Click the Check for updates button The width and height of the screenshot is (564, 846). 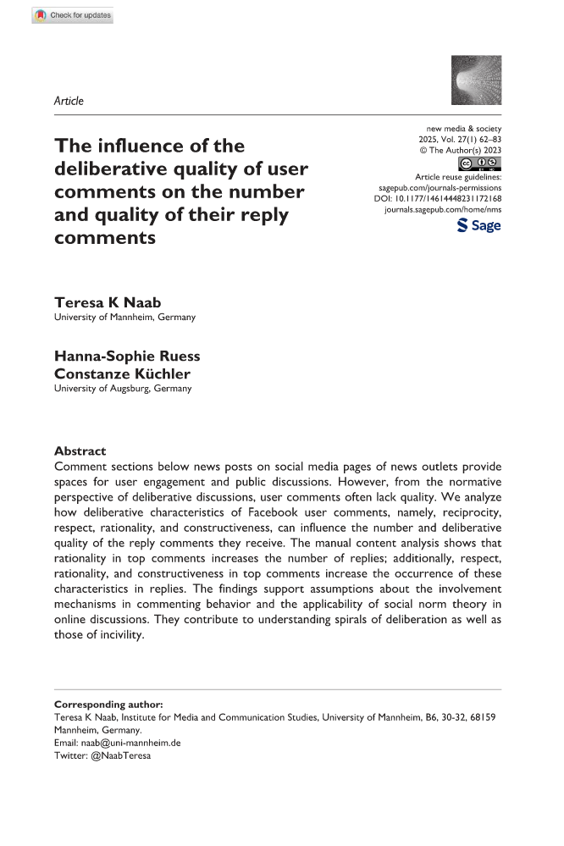(72, 15)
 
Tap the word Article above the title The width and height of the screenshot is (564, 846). (69, 101)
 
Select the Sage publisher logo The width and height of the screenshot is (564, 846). (478, 224)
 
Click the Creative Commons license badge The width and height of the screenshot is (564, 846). (478, 163)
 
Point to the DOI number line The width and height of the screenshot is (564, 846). (437, 200)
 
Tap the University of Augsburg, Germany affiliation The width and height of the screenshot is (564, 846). (123, 389)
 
